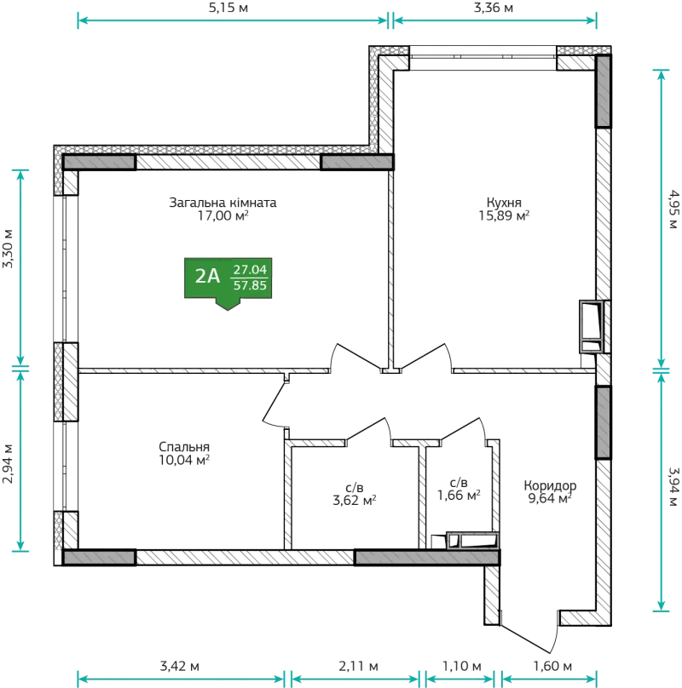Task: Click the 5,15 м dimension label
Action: pyautogui.click(x=228, y=8)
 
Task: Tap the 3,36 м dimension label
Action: pyautogui.click(x=494, y=8)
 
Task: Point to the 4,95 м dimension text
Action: pyautogui.click(x=673, y=209)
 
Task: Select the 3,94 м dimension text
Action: pyautogui.click(x=673, y=486)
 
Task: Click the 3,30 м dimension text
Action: pyautogui.click(x=9, y=249)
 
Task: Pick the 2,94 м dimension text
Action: pyautogui.click(x=9, y=464)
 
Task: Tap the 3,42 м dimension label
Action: pyautogui.click(x=180, y=667)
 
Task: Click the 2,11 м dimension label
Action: pyautogui.click(x=359, y=667)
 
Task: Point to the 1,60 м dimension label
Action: pyautogui.click(x=552, y=667)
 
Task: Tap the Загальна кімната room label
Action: pyautogui.click(x=223, y=203)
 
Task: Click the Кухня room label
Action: pyautogui.click(x=504, y=203)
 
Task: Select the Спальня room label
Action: pyautogui.click(x=184, y=447)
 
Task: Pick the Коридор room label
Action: pyautogui.click(x=550, y=485)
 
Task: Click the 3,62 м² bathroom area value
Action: pyautogui.click(x=355, y=500)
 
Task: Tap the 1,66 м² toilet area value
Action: pyautogui.click(x=459, y=496)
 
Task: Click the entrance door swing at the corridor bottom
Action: pyautogui.click(x=529, y=632)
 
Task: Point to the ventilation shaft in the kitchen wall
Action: pyautogui.click(x=592, y=326)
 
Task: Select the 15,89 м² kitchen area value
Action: pyautogui.click(x=504, y=215)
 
